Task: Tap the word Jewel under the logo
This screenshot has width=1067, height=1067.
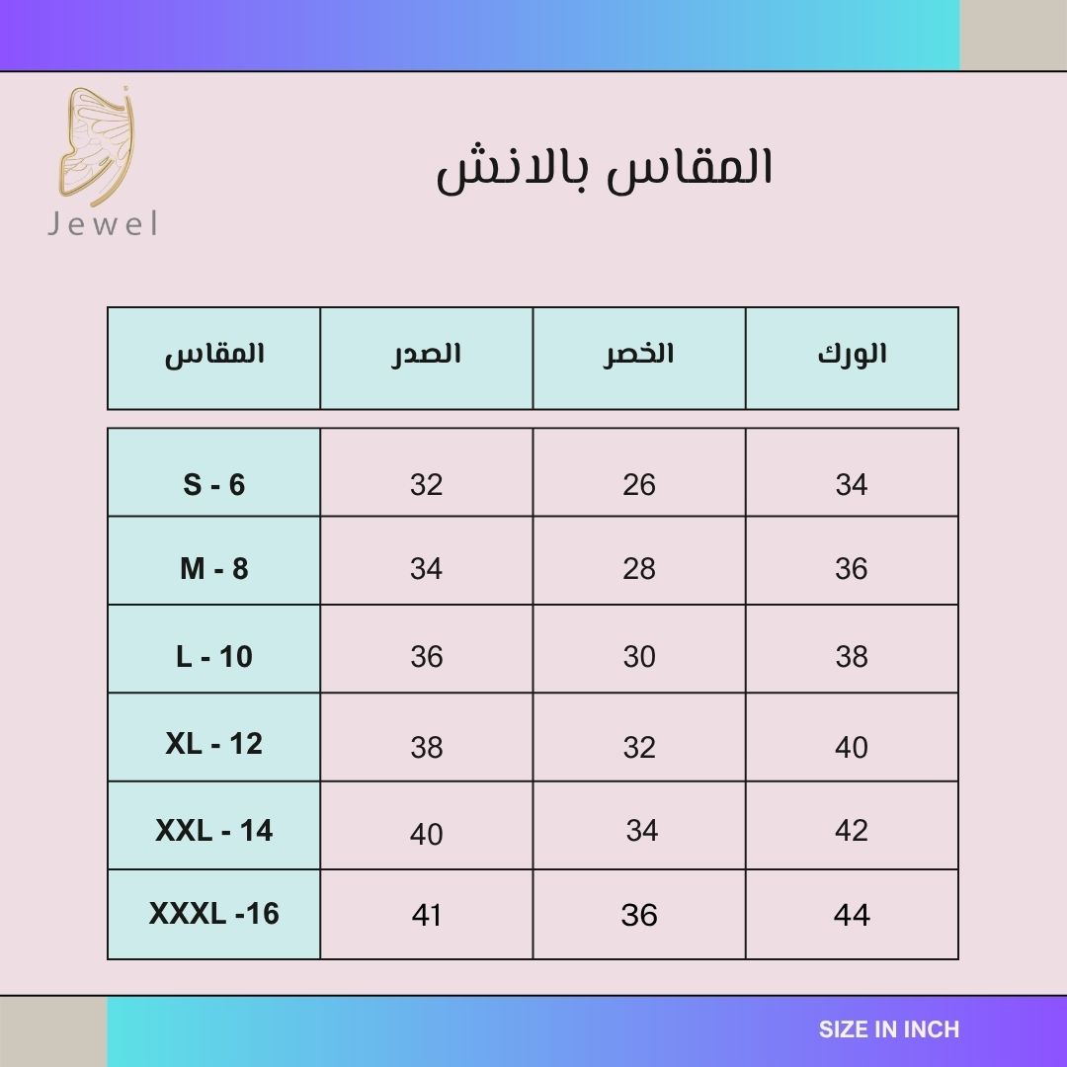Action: coord(103,224)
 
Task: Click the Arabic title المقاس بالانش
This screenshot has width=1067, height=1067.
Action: coord(605,169)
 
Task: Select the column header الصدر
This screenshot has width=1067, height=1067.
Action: coord(426,355)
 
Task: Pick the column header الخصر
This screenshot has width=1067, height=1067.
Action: coord(638,353)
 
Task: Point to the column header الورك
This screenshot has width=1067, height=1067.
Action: coord(852,354)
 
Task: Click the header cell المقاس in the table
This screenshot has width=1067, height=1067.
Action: coord(214,355)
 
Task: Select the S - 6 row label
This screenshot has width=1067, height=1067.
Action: coord(213,484)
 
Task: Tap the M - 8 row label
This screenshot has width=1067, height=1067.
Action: coord(213,569)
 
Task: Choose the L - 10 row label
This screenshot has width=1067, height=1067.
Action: coord(213,657)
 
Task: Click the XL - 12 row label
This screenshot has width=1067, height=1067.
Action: coord(213,744)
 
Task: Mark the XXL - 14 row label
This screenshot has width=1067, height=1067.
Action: coord(213,831)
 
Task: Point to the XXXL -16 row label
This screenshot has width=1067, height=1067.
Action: coord(213,914)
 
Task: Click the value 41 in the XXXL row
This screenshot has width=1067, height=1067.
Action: coord(427,915)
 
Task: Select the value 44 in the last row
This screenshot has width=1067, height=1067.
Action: coord(852,915)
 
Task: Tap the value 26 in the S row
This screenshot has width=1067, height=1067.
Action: coord(639,484)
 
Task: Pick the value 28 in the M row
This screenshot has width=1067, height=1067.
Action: coord(639,569)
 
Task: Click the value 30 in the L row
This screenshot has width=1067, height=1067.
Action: coord(639,657)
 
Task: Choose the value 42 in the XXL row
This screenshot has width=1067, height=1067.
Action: coord(852,831)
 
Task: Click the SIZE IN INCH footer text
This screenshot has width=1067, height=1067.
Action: coord(889,1029)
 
